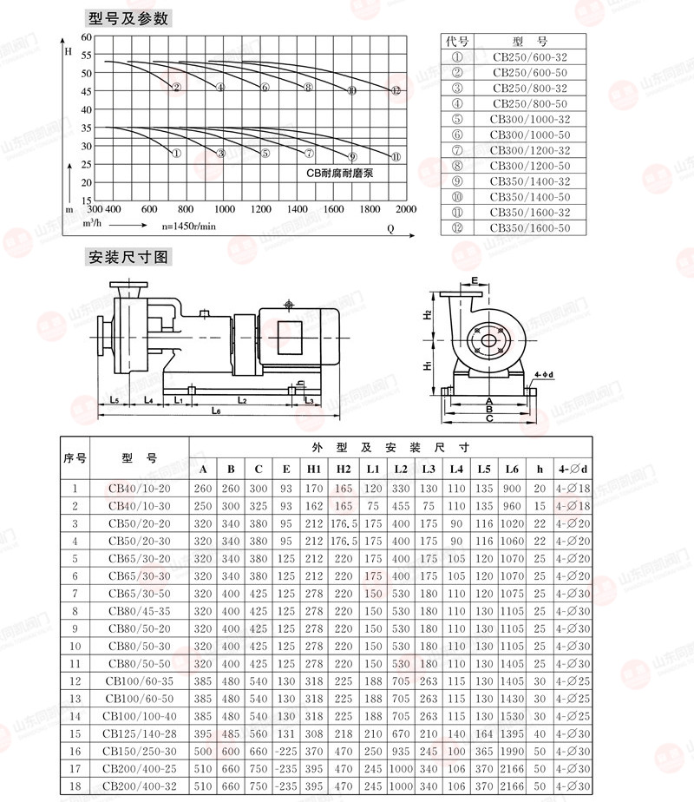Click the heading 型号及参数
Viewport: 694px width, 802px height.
coord(128,18)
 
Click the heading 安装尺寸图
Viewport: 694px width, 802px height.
coord(128,257)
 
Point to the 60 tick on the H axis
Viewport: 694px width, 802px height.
coord(87,36)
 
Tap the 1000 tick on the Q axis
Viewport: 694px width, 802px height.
coord(225,208)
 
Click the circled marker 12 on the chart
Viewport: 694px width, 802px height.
coord(396,90)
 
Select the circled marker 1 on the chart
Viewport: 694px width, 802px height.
coord(176,153)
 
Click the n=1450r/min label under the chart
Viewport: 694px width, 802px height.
coord(188,226)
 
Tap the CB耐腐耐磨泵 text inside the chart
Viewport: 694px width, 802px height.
coord(340,173)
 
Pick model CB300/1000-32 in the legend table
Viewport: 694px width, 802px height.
coord(530,119)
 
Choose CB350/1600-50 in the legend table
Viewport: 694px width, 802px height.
coord(530,227)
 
